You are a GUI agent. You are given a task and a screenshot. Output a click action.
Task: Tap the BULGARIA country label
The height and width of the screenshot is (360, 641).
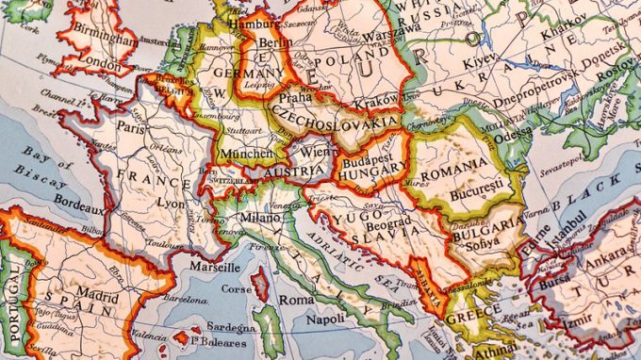tap(485, 226)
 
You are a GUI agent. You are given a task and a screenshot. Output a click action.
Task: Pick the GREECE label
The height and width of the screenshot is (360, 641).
tap(473, 319)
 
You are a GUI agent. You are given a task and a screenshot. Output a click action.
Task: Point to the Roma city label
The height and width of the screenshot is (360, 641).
tap(296, 300)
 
